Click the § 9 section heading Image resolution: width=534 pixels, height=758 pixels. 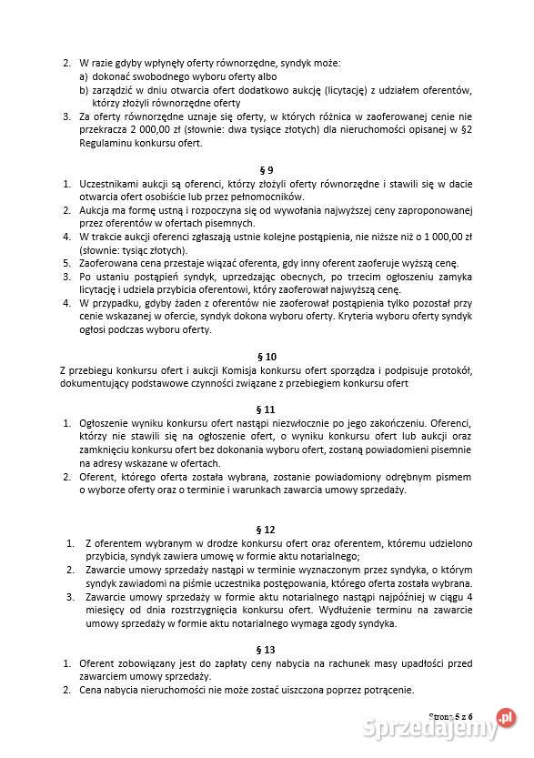(267, 170)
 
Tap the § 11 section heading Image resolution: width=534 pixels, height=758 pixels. (267, 409)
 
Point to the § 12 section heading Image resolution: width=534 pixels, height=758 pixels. (267, 529)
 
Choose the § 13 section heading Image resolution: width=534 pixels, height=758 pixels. (267, 649)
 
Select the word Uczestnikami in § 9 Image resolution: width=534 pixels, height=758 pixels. (111, 184)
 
